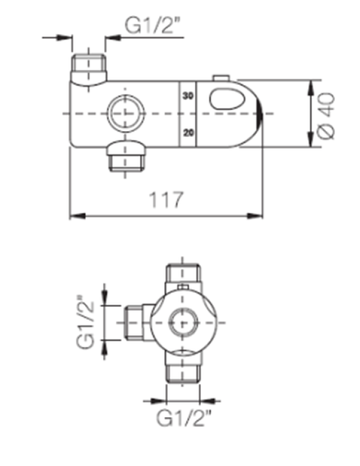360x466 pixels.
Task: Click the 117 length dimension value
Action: coord(167,200)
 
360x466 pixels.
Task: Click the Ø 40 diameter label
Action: coord(328,115)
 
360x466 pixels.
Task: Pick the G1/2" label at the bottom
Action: coord(183,419)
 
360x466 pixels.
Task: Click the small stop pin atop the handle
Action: coord(220,77)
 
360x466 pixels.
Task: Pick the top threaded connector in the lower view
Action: coord(183,273)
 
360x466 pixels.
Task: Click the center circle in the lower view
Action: coord(183,323)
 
